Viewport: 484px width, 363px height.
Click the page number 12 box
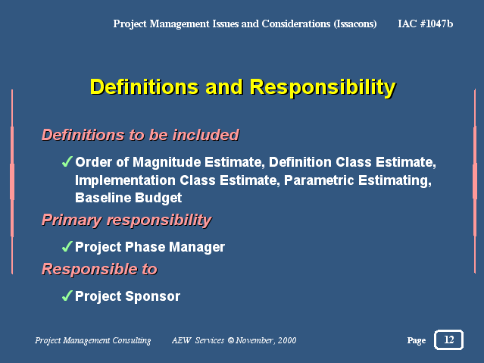pyautogui.click(x=448, y=340)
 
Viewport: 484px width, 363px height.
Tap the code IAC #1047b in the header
pyautogui.click(x=426, y=23)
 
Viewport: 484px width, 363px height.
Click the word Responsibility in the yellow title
pyautogui.click(x=323, y=87)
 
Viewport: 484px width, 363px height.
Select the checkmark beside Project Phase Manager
pyautogui.click(x=67, y=246)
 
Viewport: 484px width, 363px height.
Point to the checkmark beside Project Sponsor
pyautogui.click(x=67, y=296)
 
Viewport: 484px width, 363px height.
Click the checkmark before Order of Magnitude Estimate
pyautogui.click(x=67, y=161)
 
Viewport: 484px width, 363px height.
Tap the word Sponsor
pyautogui.click(x=153, y=296)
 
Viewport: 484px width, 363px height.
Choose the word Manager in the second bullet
pyautogui.click(x=197, y=247)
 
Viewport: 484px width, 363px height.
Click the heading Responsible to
pyautogui.click(x=100, y=269)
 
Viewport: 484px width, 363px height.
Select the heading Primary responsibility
pyautogui.click(x=126, y=221)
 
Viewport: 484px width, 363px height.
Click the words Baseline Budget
pyautogui.click(x=129, y=198)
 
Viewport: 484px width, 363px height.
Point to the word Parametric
pyautogui.click(x=319, y=180)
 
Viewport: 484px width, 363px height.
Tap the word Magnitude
pyautogui.click(x=167, y=162)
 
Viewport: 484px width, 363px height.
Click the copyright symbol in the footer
pyautogui.click(x=231, y=340)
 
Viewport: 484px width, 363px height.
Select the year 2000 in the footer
pyautogui.click(x=287, y=340)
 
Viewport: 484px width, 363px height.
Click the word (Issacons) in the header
pyautogui.click(x=355, y=23)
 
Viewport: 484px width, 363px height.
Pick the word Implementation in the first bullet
pyautogui.click(x=125, y=180)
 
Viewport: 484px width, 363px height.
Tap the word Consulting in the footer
pyautogui.click(x=132, y=340)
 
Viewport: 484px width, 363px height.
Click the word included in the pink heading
pyautogui.click(x=206, y=135)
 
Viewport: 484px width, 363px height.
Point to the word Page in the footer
pyautogui.click(x=417, y=340)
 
